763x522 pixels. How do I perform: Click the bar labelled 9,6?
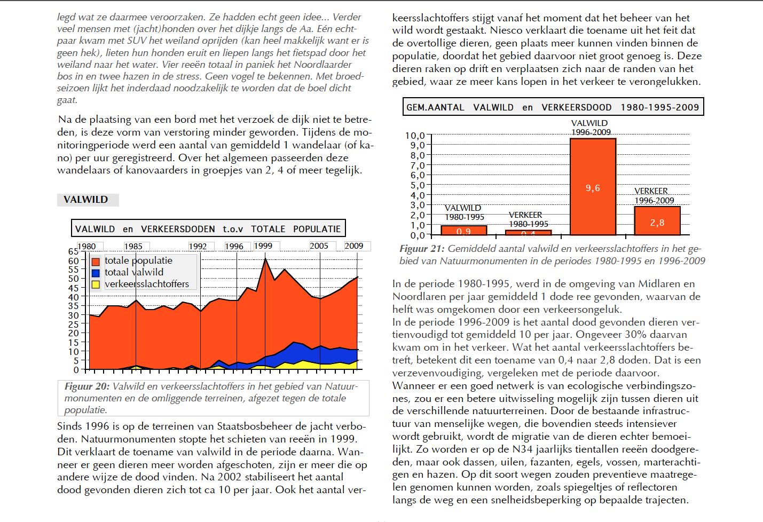[x=593, y=187]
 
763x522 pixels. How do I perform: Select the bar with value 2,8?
[x=657, y=220]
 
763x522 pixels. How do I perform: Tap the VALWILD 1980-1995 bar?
[x=463, y=230]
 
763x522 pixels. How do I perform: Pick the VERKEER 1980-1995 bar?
[x=528, y=233]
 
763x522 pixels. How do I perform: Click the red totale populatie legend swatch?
[x=96, y=262]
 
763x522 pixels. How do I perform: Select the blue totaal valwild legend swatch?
[x=96, y=273]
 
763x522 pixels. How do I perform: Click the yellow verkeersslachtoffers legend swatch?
[x=96, y=284]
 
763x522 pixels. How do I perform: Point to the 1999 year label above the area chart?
[x=263, y=246]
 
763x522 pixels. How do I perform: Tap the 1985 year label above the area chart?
[x=133, y=246]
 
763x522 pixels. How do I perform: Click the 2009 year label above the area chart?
[x=354, y=246]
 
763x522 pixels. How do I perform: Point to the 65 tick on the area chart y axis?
[x=73, y=251]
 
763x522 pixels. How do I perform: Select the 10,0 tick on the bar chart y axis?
[x=415, y=136]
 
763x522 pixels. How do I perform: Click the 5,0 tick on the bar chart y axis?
[x=418, y=185]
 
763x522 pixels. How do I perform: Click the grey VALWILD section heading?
[x=86, y=200]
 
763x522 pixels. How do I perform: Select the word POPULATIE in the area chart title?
[x=317, y=229]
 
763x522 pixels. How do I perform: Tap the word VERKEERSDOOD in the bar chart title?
[x=577, y=108]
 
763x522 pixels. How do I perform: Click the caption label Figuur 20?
[x=87, y=386]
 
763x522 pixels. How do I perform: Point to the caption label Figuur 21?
[x=422, y=249]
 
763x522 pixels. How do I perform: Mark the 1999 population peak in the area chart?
[x=265, y=259]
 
